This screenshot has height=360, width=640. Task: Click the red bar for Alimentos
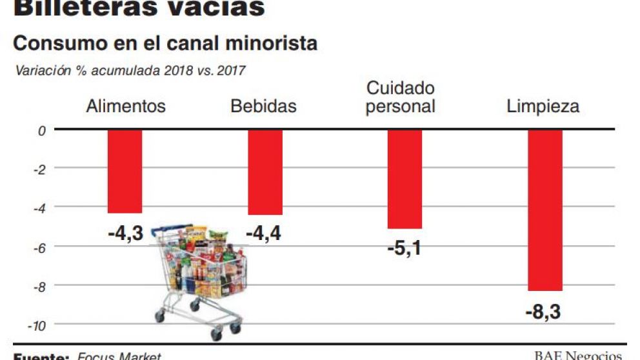click(125, 171)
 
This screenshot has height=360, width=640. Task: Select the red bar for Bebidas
click(265, 172)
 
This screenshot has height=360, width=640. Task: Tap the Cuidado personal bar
click(405, 179)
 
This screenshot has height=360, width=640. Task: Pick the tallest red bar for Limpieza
click(545, 210)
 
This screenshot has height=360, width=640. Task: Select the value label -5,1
click(405, 247)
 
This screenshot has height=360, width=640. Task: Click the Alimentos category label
click(126, 106)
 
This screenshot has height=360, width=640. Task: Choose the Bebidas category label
click(263, 106)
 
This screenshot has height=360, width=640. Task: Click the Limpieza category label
click(543, 106)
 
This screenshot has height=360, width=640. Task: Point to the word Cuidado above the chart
click(400, 88)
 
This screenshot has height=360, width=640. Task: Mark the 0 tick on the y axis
click(42, 130)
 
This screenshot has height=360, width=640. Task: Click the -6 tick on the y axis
click(39, 247)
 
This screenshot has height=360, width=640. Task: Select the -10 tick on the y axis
click(37, 325)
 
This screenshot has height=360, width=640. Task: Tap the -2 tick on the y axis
click(39, 169)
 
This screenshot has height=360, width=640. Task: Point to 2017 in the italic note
click(232, 70)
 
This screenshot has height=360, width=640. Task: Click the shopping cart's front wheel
click(217, 334)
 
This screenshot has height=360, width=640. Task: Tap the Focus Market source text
click(119, 355)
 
